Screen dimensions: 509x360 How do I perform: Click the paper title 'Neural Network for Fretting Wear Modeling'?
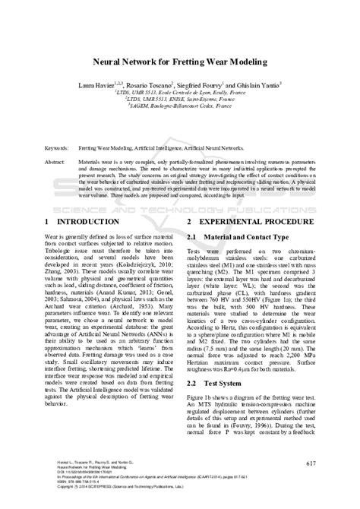coord(180,64)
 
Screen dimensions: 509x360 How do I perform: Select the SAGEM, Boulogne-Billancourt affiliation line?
coord(180,112)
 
